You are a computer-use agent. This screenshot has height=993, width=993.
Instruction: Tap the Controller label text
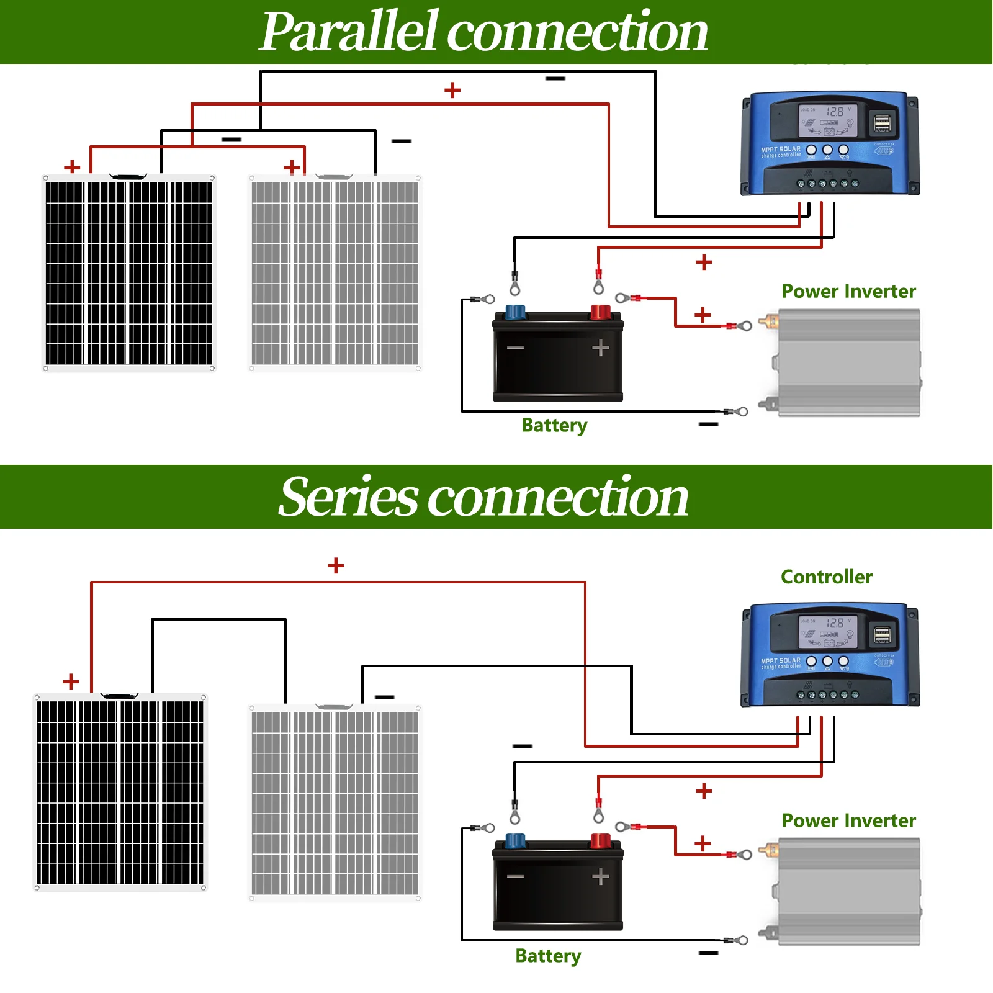pos(826,577)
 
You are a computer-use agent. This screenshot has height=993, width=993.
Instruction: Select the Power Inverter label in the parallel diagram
pos(848,291)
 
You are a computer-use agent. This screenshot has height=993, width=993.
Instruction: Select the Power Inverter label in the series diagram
pos(848,820)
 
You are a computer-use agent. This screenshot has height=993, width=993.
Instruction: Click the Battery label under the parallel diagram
pos(554,425)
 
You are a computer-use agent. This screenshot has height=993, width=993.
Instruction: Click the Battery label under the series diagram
pos(547,956)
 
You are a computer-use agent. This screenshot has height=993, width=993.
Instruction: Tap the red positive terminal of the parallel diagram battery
pos(600,312)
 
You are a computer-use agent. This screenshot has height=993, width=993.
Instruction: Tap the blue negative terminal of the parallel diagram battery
pos(515,312)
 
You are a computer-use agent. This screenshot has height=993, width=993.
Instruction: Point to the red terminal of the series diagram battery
pos(600,841)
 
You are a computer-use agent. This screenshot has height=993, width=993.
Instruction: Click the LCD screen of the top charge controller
pos(827,120)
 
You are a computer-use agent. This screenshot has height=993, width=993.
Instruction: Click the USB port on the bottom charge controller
pos(883,635)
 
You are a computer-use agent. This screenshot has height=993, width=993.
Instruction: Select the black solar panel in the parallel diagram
pos(128,273)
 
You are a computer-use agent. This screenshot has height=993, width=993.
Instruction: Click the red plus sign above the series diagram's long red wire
pos(336,565)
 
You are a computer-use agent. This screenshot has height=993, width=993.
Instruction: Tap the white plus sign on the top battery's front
pos(600,348)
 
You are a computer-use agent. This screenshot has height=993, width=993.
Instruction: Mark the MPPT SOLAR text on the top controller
pos(781,149)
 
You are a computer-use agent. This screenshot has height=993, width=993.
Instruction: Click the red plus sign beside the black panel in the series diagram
pos(71,681)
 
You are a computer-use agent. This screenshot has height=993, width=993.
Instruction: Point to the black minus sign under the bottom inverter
pos(708,953)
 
